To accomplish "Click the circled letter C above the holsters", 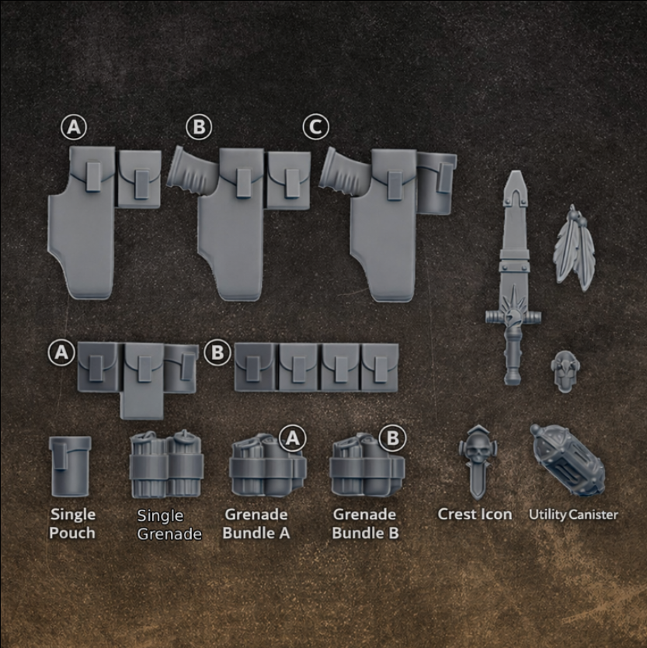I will [x=316, y=126].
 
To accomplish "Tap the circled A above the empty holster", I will [x=73, y=126].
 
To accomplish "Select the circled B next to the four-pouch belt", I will [x=217, y=353].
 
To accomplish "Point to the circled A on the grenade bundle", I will [x=292, y=438].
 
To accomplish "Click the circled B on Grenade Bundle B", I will [x=392, y=438].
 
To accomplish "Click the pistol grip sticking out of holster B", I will [x=189, y=170].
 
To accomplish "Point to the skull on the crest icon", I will [x=475, y=448].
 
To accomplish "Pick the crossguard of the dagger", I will [x=512, y=316].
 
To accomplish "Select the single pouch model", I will [x=70, y=465].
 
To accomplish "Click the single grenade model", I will [x=166, y=465].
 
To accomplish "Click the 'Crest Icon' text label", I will [x=475, y=514].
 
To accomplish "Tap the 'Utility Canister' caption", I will [x=573, y=514].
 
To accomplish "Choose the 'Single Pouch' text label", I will [x=73, y=523].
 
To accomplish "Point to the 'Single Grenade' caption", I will [x=169, y=525].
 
